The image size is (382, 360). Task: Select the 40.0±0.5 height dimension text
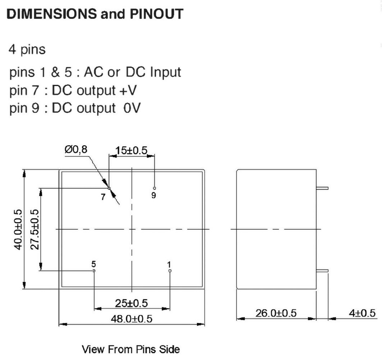(x=18, y=230)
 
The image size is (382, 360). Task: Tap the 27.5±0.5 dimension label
(x=34, y=230)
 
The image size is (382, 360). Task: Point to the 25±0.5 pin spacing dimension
(x=131, y=303)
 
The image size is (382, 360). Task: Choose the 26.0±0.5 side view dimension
(x=276, y=313)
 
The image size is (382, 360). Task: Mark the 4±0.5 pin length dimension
(x=362, y=313)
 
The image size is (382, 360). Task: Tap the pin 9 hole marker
(x=154, y=188)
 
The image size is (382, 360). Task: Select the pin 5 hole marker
(x=94, y=270)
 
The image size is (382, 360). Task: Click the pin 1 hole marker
(x=170, y=270)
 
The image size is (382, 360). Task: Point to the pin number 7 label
(x=103, y=198)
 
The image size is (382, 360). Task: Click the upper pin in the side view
(x=322, y=188)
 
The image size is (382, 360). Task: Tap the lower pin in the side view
(x=322, y=270)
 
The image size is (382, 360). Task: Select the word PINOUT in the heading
(x=156, y=14)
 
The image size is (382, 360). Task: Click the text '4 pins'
(x=27, y=50)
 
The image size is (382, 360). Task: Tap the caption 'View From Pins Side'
(x=131, y=350)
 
